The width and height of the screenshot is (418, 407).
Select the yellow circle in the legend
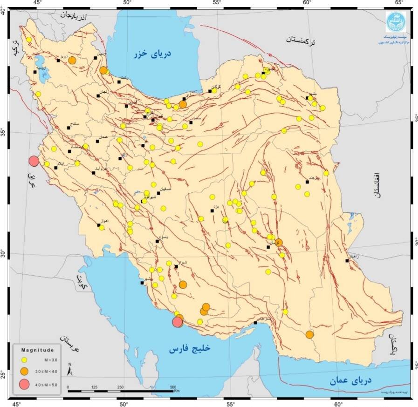pos(25,360)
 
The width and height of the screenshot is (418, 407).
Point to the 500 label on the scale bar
pos(173,387)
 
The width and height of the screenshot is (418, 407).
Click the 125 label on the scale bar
pos(94,387)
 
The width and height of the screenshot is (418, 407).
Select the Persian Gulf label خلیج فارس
pos(190,348)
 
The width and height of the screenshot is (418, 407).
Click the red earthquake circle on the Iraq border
pos(34,161)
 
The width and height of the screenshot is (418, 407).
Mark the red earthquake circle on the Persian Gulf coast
pos(177,322)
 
